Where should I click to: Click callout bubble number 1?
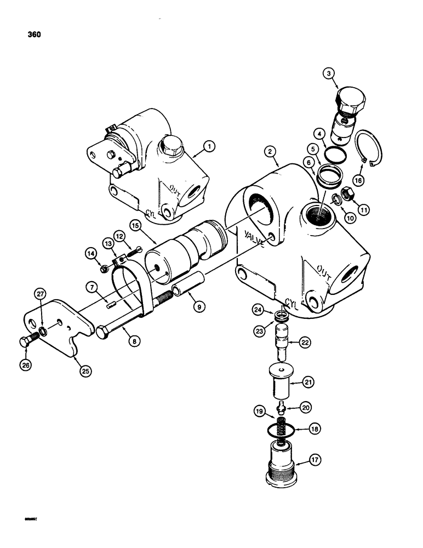(x=208, y=146)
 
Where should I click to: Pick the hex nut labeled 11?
(x=347, y=193)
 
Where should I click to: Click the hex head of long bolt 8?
(x=104, y=332)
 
